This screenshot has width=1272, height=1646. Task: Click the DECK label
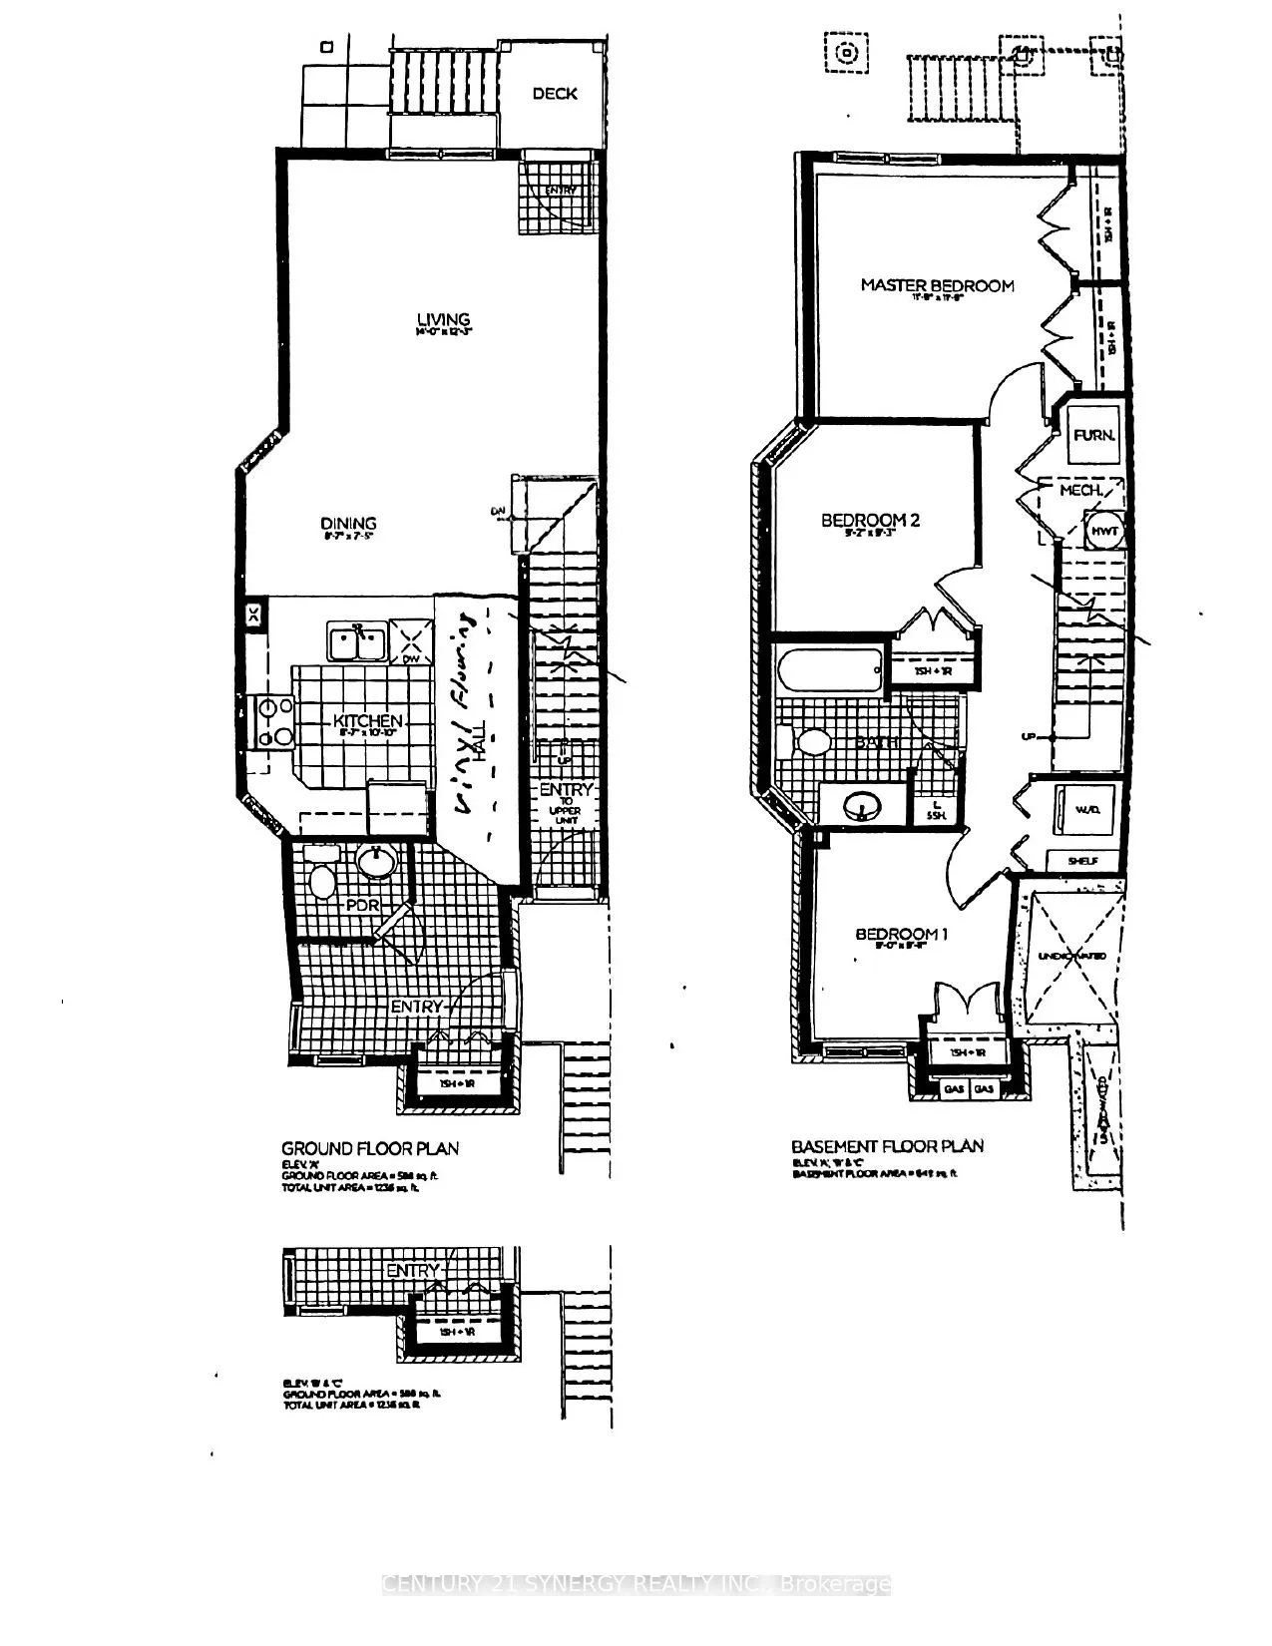coord(555,94)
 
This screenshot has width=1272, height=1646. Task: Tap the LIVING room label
coord(443,320)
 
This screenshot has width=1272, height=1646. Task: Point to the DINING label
coord(348,524)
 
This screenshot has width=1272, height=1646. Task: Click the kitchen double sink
coord(356,642)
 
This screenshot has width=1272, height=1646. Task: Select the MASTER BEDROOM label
coord(937,286)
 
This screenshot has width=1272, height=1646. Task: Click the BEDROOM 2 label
coord(870,520)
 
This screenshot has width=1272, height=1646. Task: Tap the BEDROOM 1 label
coord(901,935)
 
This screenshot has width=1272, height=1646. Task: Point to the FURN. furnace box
coord(1093,436)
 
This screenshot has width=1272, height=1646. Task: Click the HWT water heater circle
coord(1103,532)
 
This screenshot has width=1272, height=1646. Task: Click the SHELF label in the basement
coord(1082,861)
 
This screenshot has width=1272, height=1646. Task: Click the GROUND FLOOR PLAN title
coord(370,1149)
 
